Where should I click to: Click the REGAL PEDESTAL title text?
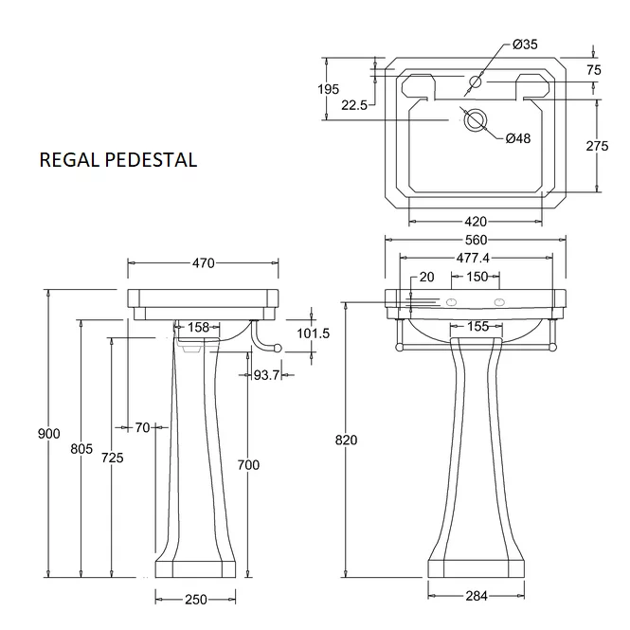[x=118, y=159]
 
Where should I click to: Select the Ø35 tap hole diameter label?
[x=525, y=45]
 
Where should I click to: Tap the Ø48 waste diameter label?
[x=518, y=138]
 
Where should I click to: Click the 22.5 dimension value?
[x=353, y=106]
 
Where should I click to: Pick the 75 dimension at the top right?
[x=594, y=70]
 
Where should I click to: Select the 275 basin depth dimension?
[x=597, y=147]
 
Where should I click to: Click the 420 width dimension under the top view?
[x=476, y=221]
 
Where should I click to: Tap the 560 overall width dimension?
[x=476, y=240]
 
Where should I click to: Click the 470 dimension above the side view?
[x=203, y=263]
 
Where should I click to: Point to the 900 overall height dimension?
[x=48, y=433]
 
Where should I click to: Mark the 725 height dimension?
[x=112, y=458]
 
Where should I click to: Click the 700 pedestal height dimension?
[x=248, y=464]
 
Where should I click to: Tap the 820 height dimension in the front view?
[x=346, y=440]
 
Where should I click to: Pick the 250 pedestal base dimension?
[x=195, y=600]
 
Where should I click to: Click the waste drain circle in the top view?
[x=476, y=119]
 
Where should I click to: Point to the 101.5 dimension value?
[x=313, y=333]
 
